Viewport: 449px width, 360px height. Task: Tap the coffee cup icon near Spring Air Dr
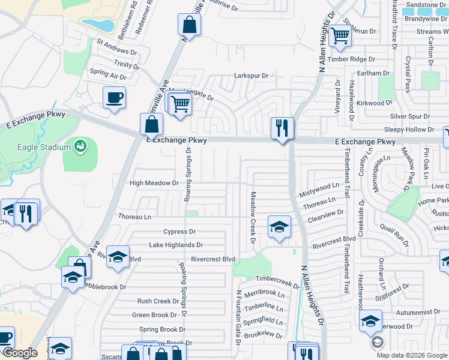pos(114,97)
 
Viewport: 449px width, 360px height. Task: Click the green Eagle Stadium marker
pos(79,146)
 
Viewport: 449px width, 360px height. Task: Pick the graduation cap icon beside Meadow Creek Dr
pos(279,227)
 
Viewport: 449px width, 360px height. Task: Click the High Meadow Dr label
pos(154,183)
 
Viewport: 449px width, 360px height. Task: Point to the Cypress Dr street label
pos(179,232)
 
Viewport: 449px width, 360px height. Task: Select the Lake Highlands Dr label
pos(176,245)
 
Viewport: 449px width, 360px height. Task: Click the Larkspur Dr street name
pos(250,76)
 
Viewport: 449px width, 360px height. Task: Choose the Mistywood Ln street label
pos(318,191)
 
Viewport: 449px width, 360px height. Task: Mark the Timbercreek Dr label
pos(277,280)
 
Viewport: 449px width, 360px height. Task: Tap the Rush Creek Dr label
pos(154,301)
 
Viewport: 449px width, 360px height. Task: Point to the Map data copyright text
pos(411,355)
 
